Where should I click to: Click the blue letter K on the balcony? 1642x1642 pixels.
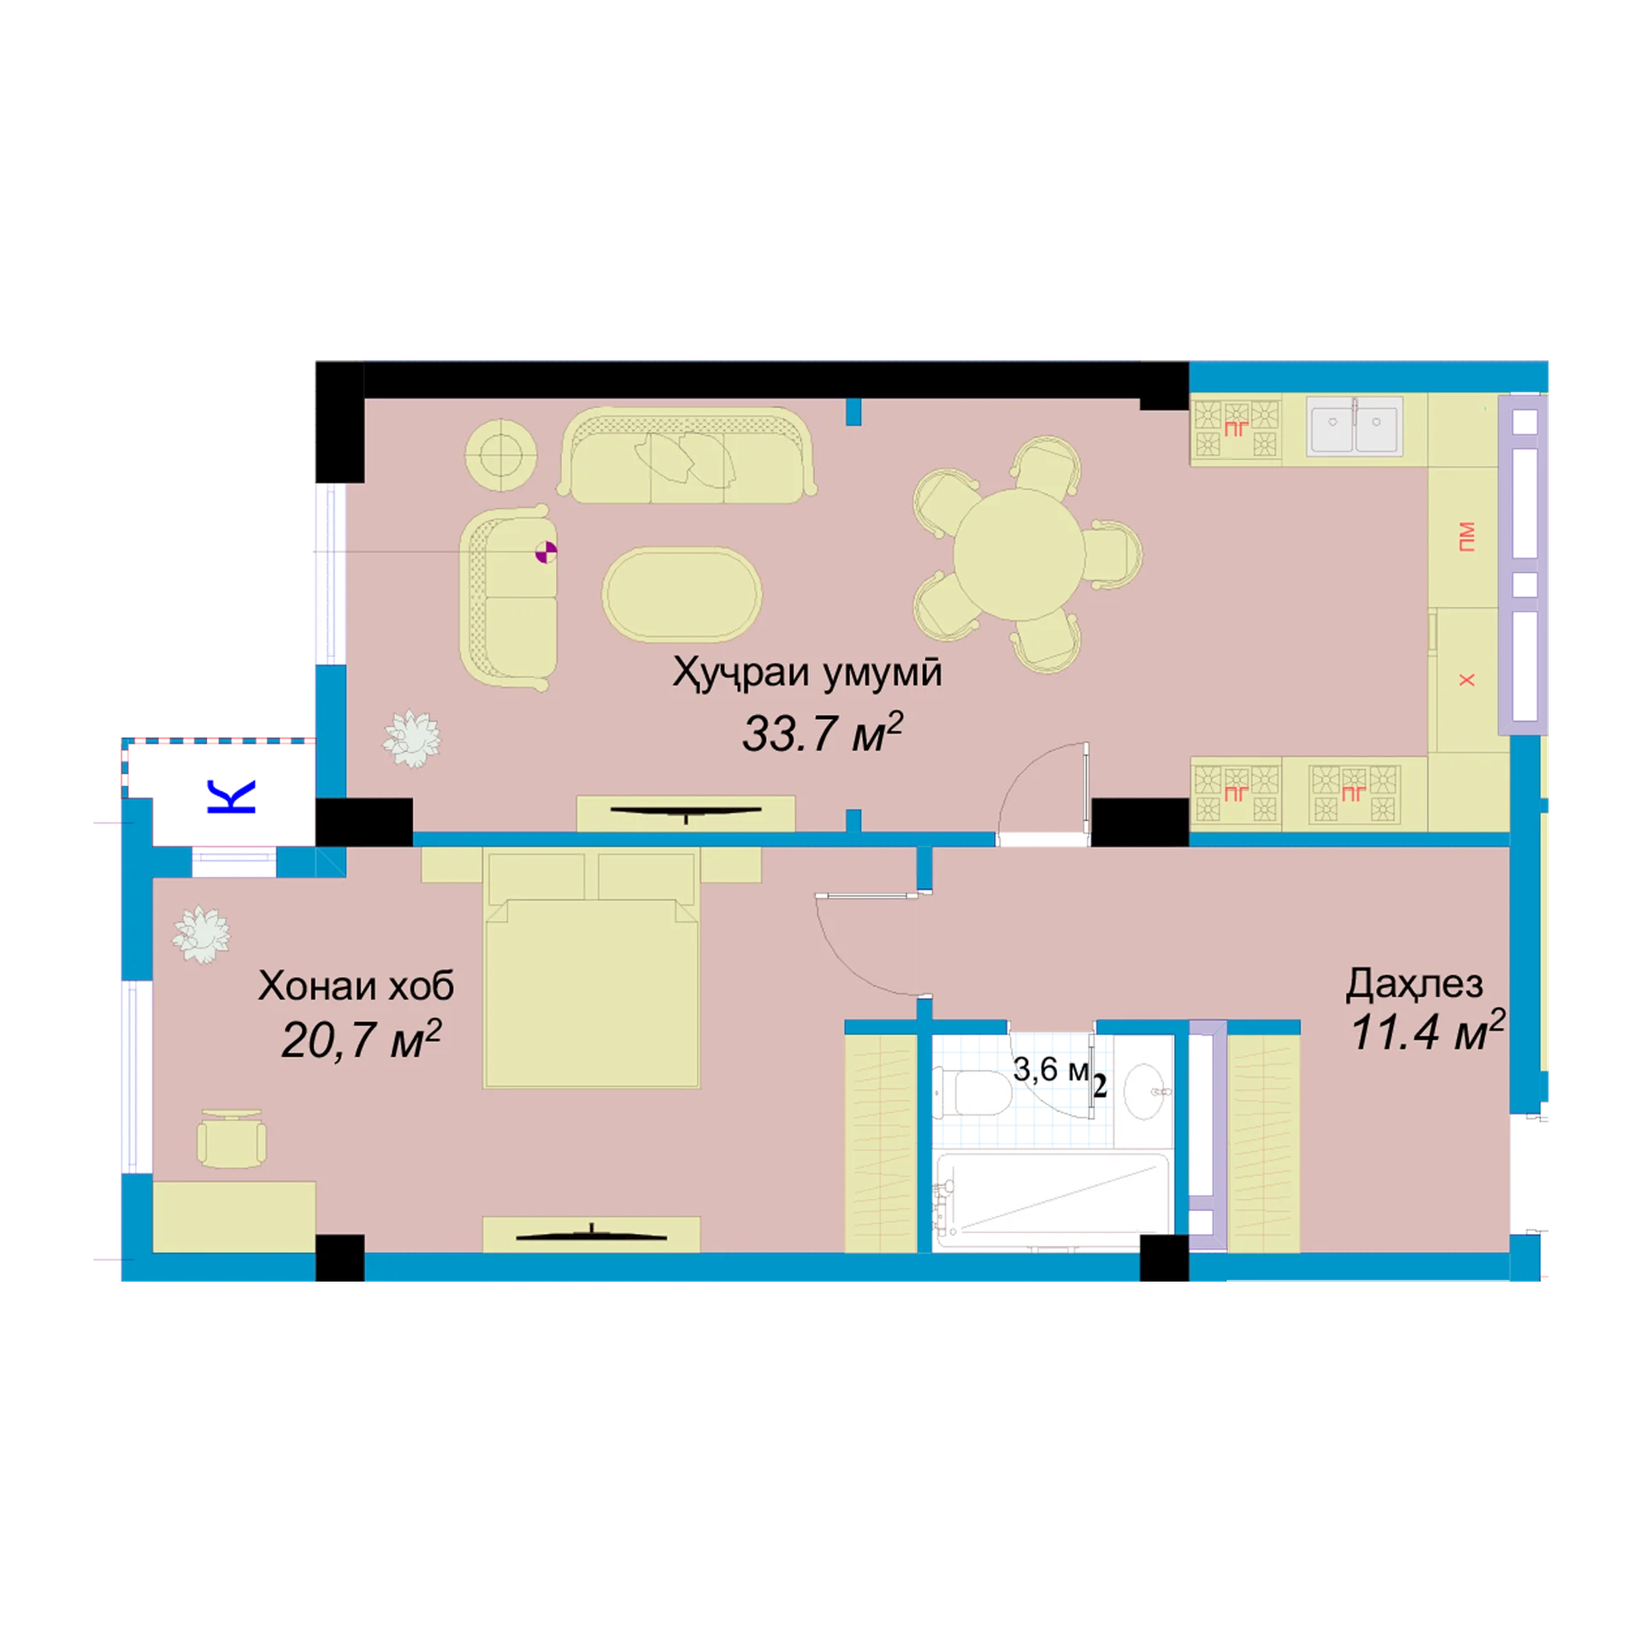[231, 796]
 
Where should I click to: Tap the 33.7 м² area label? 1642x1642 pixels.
[822, 732]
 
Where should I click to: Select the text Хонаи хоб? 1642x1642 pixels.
[356, 986]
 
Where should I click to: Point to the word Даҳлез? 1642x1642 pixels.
[1415, 985]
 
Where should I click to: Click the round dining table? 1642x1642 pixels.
[1019, 554]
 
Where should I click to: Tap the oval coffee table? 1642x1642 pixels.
[682, 594]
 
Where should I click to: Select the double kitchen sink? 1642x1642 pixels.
[1355, 425]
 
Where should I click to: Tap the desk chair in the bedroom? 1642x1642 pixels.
[231, 1139]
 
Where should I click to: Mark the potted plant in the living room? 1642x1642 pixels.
[412, 739]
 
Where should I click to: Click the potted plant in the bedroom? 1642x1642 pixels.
[202, 935]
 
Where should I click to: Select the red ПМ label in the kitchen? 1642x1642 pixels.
[1467, 536]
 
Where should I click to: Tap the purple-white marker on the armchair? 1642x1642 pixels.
[546, 552]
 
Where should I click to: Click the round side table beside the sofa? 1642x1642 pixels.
[501, 455]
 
